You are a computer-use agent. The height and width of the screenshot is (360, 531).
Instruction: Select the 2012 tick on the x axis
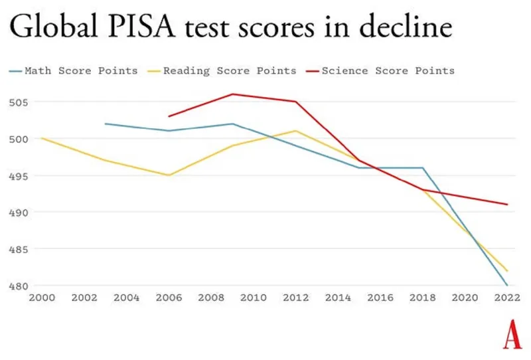click(295, 298)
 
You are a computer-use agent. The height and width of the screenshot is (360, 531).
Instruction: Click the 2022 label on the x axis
click(506, 298)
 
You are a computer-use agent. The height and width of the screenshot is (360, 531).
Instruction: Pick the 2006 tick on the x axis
click(169, 298)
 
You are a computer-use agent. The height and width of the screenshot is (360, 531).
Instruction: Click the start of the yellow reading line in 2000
click(42, 138)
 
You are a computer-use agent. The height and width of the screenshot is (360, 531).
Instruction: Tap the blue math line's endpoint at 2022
click(507, 286)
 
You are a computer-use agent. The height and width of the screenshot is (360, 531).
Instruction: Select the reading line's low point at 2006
click(169, 175)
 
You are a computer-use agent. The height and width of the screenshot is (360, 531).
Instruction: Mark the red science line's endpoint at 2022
click(507, 205)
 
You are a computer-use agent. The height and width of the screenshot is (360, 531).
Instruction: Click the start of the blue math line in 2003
click(106, 124)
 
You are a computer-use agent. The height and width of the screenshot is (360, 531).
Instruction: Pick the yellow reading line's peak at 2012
click(295, 131)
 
